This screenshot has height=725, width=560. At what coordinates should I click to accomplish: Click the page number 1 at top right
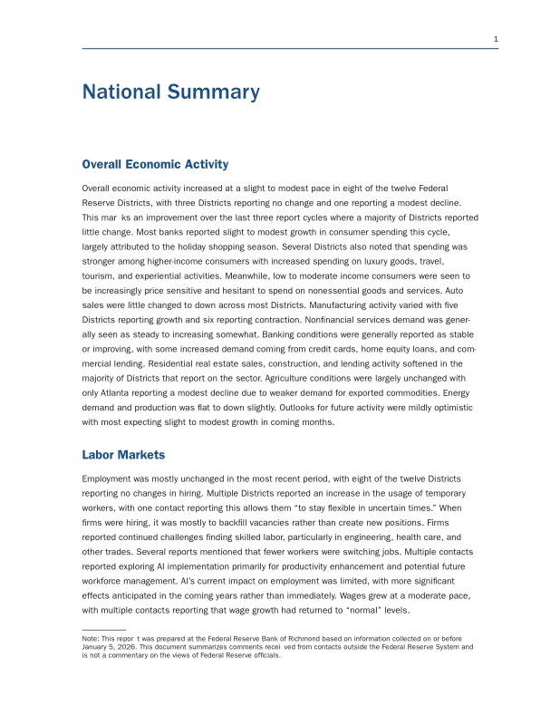[496, 39]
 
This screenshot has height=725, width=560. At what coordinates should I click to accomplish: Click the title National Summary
[170, 92]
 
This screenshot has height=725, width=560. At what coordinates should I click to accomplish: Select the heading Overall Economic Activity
[155, 164]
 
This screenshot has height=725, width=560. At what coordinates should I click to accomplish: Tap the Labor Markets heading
[123, 454]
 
